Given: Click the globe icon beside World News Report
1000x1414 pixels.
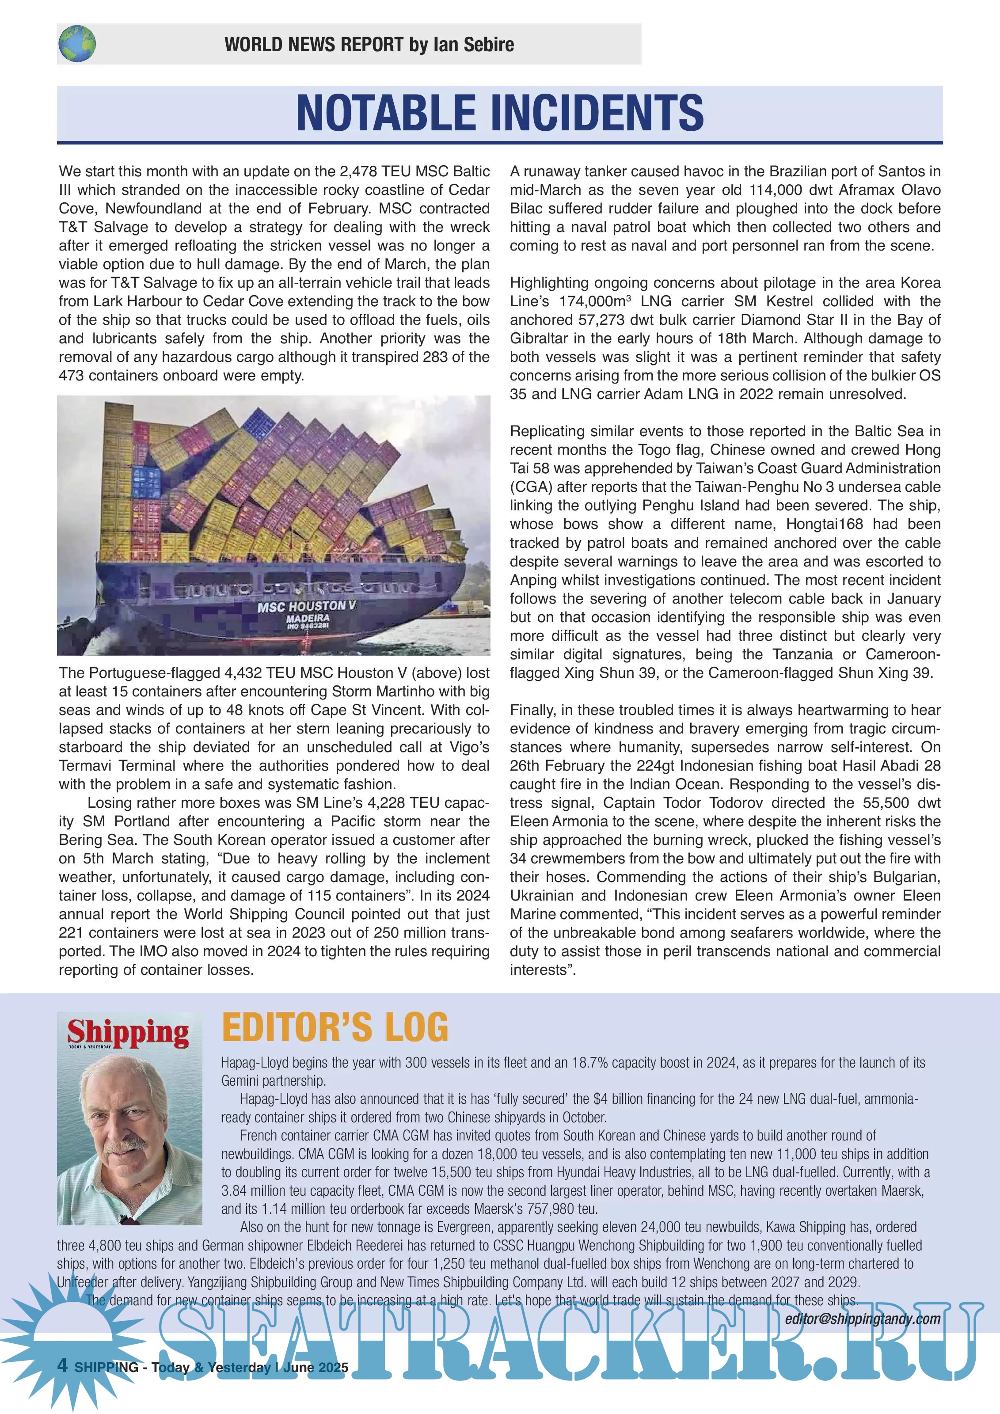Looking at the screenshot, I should click(x=77, y=44).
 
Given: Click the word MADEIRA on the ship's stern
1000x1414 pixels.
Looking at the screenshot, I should click(x=308, y=618).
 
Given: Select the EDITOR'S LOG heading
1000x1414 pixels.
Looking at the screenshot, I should click(x=335, y=1028).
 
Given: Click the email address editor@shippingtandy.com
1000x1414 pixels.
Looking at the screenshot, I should click(x=862, y=1319).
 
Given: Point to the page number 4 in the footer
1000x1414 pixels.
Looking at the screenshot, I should click(x=63, y=1365).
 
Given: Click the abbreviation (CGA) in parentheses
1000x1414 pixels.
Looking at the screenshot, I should click(x=531, y=487).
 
